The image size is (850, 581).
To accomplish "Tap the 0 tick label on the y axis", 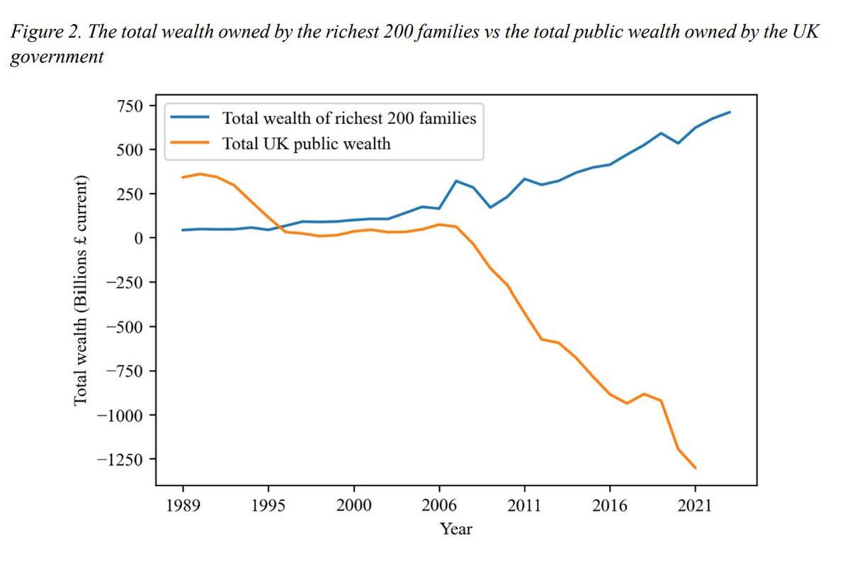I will pyautogui.click(x=138, y=238).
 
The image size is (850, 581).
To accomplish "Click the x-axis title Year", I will pyautogui.click(x=455, y=529).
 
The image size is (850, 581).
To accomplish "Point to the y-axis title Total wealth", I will pyautogui.click(x=81, y=290).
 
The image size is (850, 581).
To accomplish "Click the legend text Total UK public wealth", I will pyautogui.click(x=306, y=144).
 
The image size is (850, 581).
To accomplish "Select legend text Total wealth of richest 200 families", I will pyautogui.click(x=349, y=118).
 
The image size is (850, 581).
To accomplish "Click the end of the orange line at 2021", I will pyautogui.click(x=696, y=468).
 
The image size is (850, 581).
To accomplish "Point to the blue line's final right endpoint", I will pyautogui.click(x=730, y=112).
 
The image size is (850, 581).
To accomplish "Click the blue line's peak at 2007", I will pyautogui.click(x=457, y=181).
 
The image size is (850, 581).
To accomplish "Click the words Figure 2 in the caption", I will pyautogui.click(x=39, y=34).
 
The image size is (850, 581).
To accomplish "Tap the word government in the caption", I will pyautogui.click(x=56, y=57).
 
